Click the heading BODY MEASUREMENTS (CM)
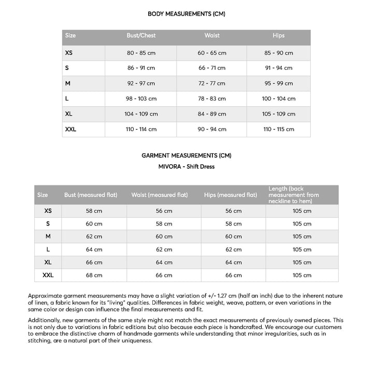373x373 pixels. click(x=187, y=14)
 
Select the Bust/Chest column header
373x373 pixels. click(x=141, y=36)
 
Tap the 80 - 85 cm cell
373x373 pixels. click(x=141, y=53)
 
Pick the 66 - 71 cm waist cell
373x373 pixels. click(x=212, y=68)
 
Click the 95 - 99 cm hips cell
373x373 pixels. click(x=279, y=83)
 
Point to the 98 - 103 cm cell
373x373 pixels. click(x=141, y=98)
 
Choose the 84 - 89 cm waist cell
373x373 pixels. click(x=212, y=114)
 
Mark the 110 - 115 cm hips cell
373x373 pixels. click(x=279, y=129)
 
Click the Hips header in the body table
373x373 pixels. click(x=279, y=36)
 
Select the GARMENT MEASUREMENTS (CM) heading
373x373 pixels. click(x=187, y=155)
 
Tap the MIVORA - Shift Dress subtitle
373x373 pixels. click(x=187, y=166)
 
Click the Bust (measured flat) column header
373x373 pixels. click(x=91, y=195)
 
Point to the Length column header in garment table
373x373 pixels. click(x=294, y=195)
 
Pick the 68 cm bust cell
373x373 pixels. click(x=94, y=275)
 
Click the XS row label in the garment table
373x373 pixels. click(x=48, y=211)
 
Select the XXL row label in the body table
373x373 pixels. click(x=71, y=129)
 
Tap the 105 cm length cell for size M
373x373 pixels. click(x=302, y=236)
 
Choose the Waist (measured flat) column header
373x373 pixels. click(x=160, y=195)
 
